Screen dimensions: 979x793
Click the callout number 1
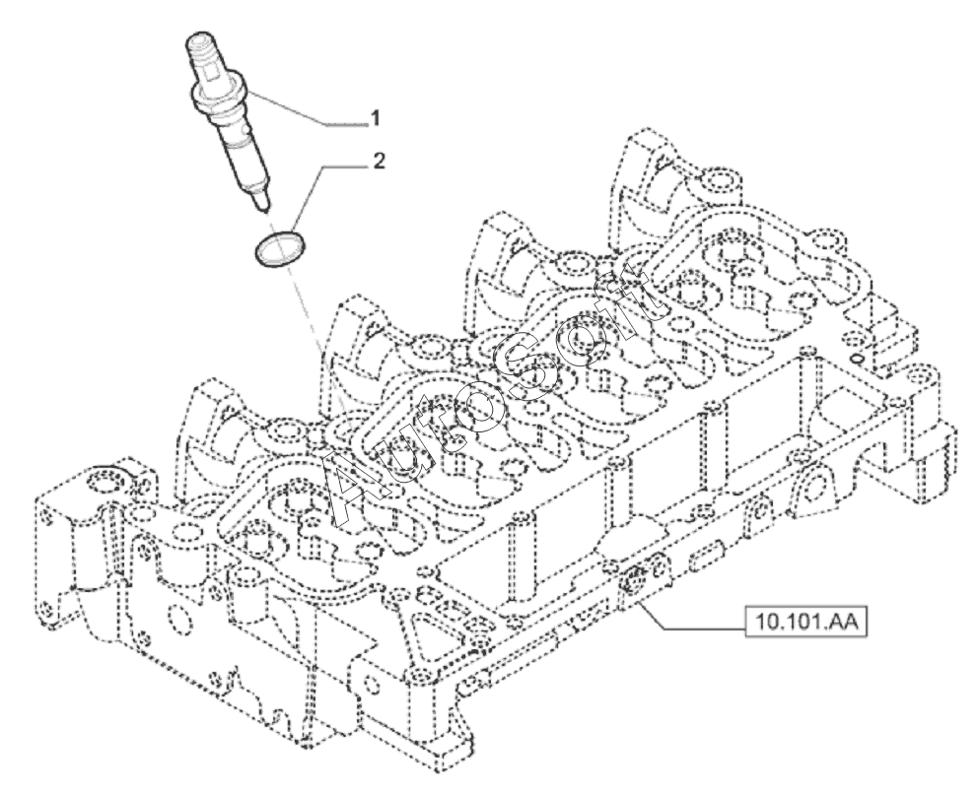pyautogui.click(x=376, y=118)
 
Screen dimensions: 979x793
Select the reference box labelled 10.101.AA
pyautogui.click(x=806, y=622)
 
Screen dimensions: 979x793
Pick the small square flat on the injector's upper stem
pyautogui.click(x=215, y=76)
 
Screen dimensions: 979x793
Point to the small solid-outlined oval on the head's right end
pyautogui.click(x=858, y=360)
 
